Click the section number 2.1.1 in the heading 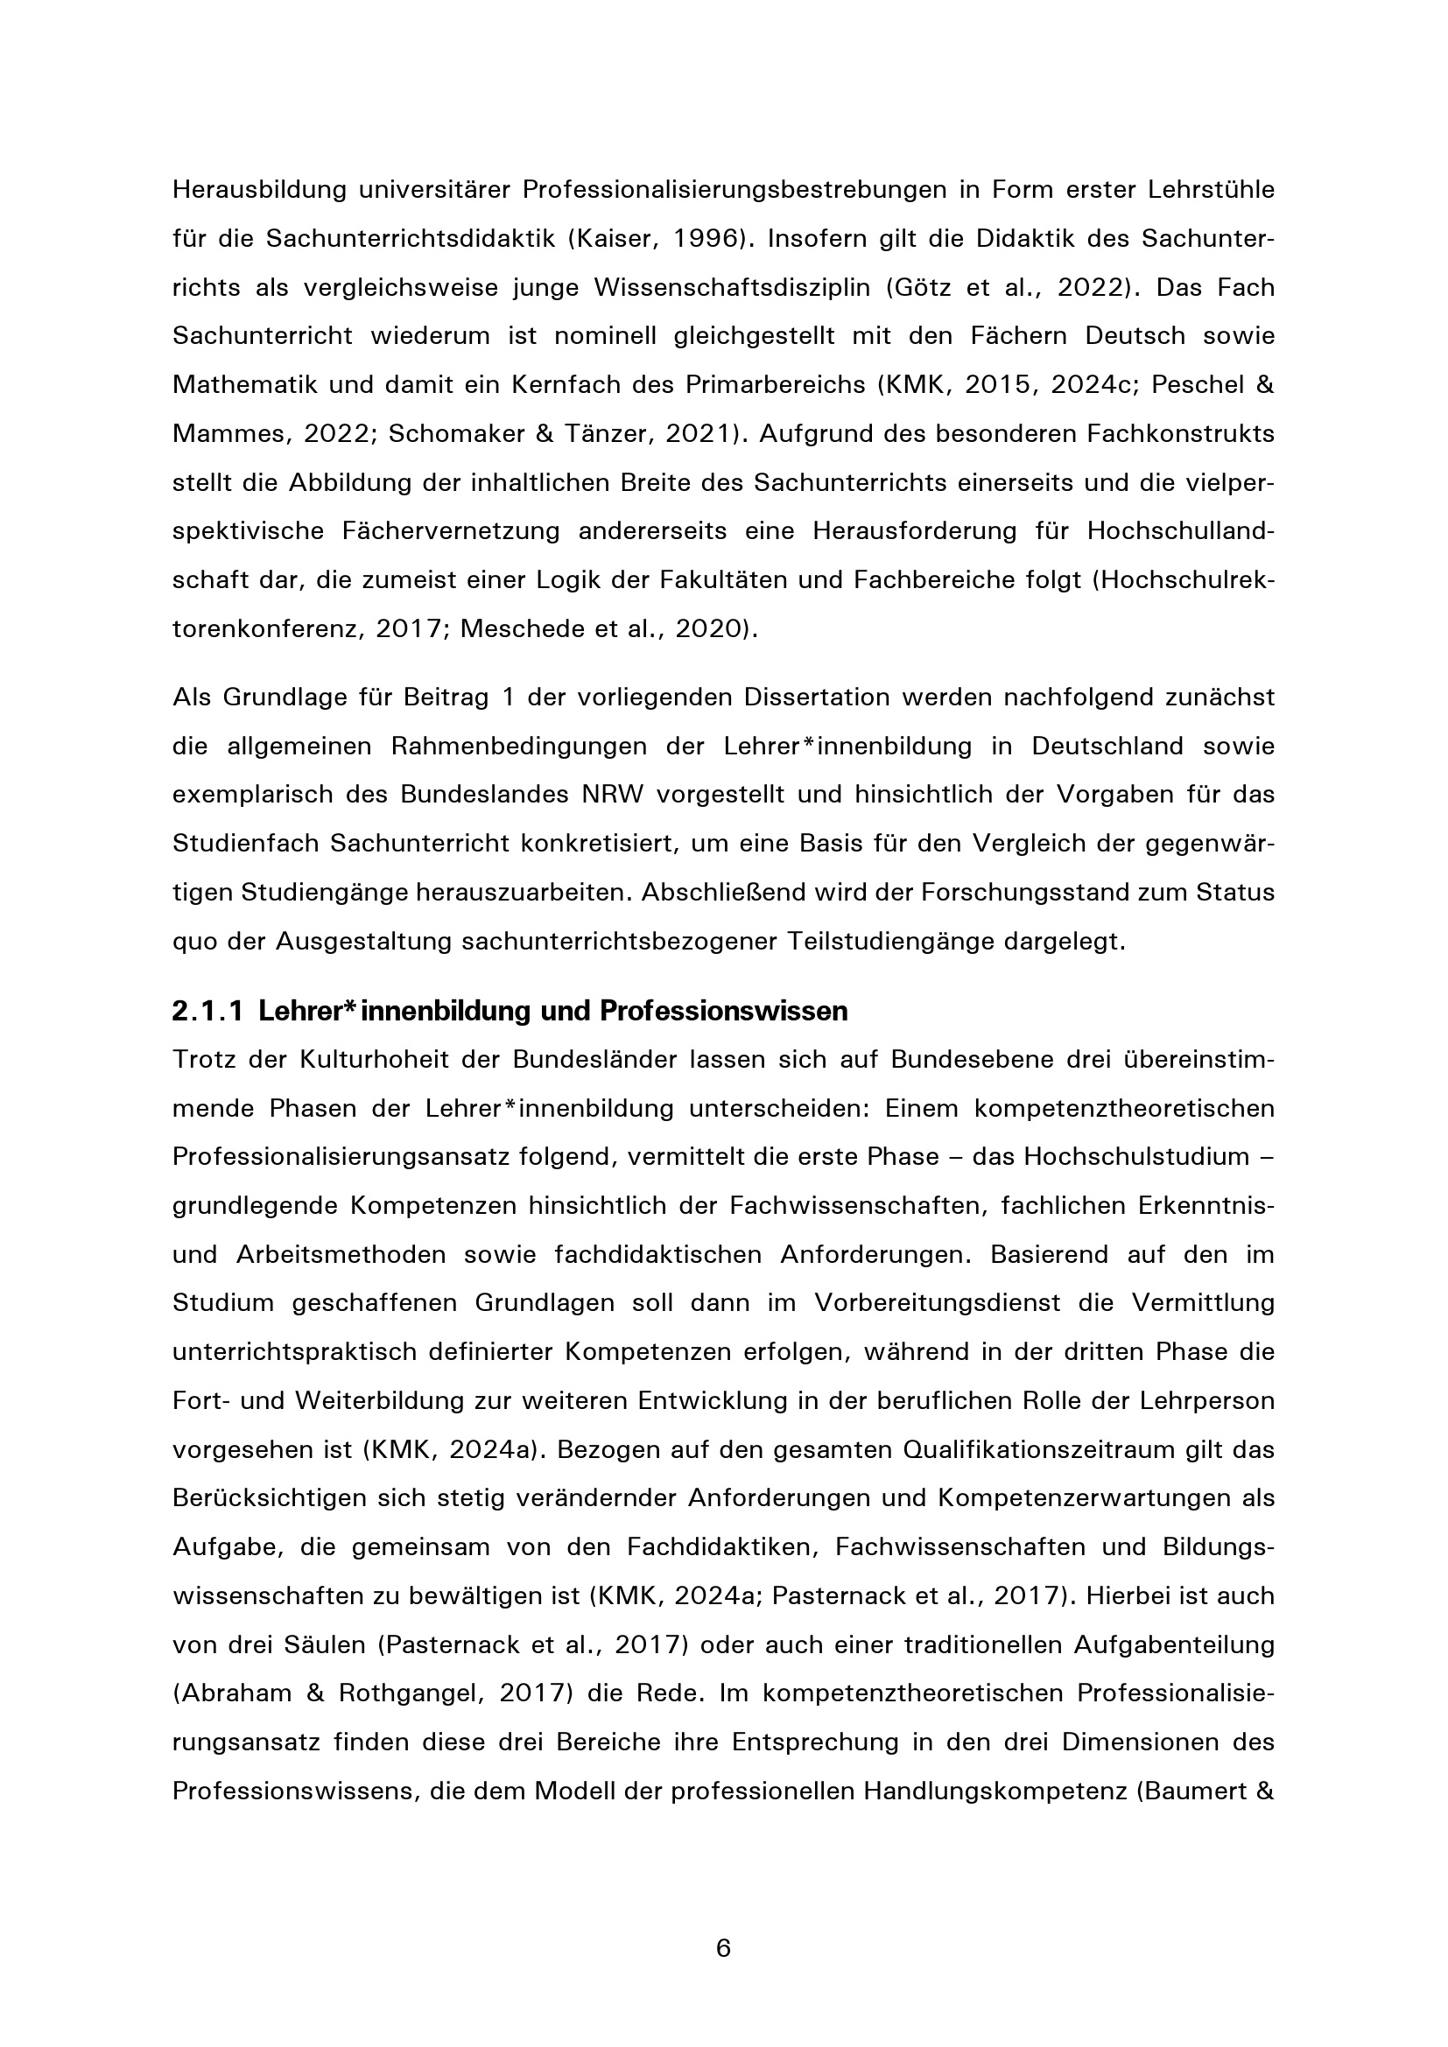207,1011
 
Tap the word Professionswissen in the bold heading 723,1011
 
